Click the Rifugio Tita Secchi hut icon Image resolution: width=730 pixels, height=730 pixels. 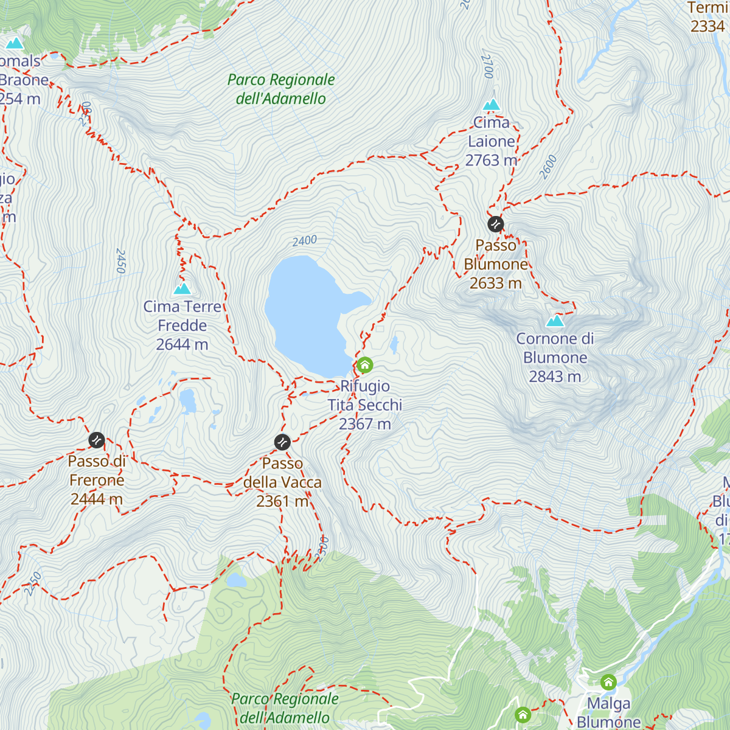click(x=364, y=365)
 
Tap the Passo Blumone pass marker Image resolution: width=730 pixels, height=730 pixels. click(x=496, y=224)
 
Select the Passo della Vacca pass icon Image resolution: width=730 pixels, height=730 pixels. click(x=282, y=442)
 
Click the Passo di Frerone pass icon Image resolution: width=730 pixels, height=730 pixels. click(x=97, y=440)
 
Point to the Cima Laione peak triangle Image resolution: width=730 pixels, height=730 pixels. click(x=491, y=105)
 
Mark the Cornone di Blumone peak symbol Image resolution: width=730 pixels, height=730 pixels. click(x=555, y=321)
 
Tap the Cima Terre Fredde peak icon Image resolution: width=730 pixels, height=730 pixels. click(x=182, y=288)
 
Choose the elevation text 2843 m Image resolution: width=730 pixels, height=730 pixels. click(x=555, y=377)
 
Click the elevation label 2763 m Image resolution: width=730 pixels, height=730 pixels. click(x=491, y=160)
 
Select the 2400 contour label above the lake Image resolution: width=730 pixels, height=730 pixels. click(x=304, y=241)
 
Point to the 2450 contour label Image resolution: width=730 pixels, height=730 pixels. click(x=120, y=261)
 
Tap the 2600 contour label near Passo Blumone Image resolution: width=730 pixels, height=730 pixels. click(x=548, y=167)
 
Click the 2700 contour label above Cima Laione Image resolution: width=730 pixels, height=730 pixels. click(x=487, y=66)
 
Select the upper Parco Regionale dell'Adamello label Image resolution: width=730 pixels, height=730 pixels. click(x=281, y=89)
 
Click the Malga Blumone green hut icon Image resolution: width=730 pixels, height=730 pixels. click(x=608, y=682)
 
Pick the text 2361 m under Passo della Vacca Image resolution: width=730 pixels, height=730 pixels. click(x=282, y=501)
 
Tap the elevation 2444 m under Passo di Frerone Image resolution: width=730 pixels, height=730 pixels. click(x=97, y=499)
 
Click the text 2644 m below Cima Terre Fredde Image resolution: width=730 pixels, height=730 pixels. click(x=182, y=344)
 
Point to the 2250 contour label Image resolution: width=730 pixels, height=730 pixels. click(x=33, y=583)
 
